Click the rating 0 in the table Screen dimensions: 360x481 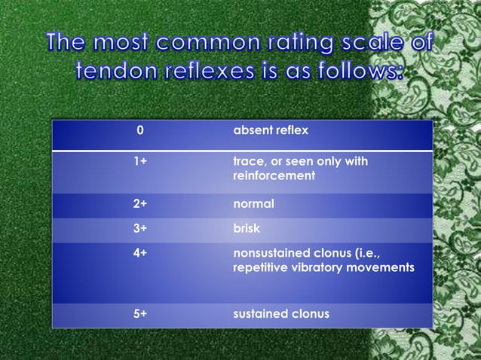pos(139,132)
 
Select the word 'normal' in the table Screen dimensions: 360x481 pos(254,204)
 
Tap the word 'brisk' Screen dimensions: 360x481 pos(247,229)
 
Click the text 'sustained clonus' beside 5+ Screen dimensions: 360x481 pos(281,313)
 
